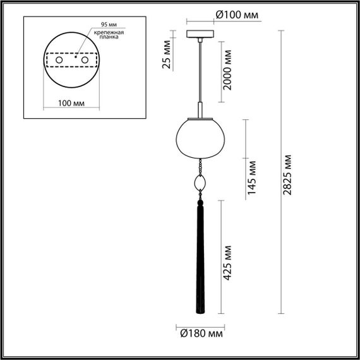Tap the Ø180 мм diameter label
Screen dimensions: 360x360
coord(200,333)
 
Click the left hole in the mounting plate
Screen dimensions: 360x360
coord(59,59)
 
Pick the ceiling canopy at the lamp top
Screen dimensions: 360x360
coord(200,34)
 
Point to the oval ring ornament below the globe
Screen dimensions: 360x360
coord(200,183)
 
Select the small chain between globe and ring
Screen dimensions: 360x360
coord(200,166)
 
